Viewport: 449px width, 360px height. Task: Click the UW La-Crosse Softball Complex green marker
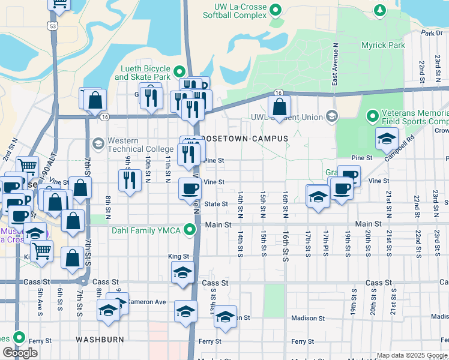coord(276,10)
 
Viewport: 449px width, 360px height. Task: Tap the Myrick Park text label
coord(383,45)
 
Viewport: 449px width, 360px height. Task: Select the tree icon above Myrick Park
coord(379,10)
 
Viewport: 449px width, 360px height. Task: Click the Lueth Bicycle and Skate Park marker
coord(182,71)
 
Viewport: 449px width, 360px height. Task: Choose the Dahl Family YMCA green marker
coord(190,229)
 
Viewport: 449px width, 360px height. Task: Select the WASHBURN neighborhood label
coord(100,339)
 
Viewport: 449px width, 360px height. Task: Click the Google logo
coord(20,353)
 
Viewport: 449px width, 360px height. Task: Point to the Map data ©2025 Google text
coord(411,355)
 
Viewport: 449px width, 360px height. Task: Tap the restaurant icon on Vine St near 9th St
coord(128,180)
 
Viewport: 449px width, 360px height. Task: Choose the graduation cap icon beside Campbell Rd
coord(387,139)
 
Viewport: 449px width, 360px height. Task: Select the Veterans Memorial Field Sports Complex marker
coord(372,115)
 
